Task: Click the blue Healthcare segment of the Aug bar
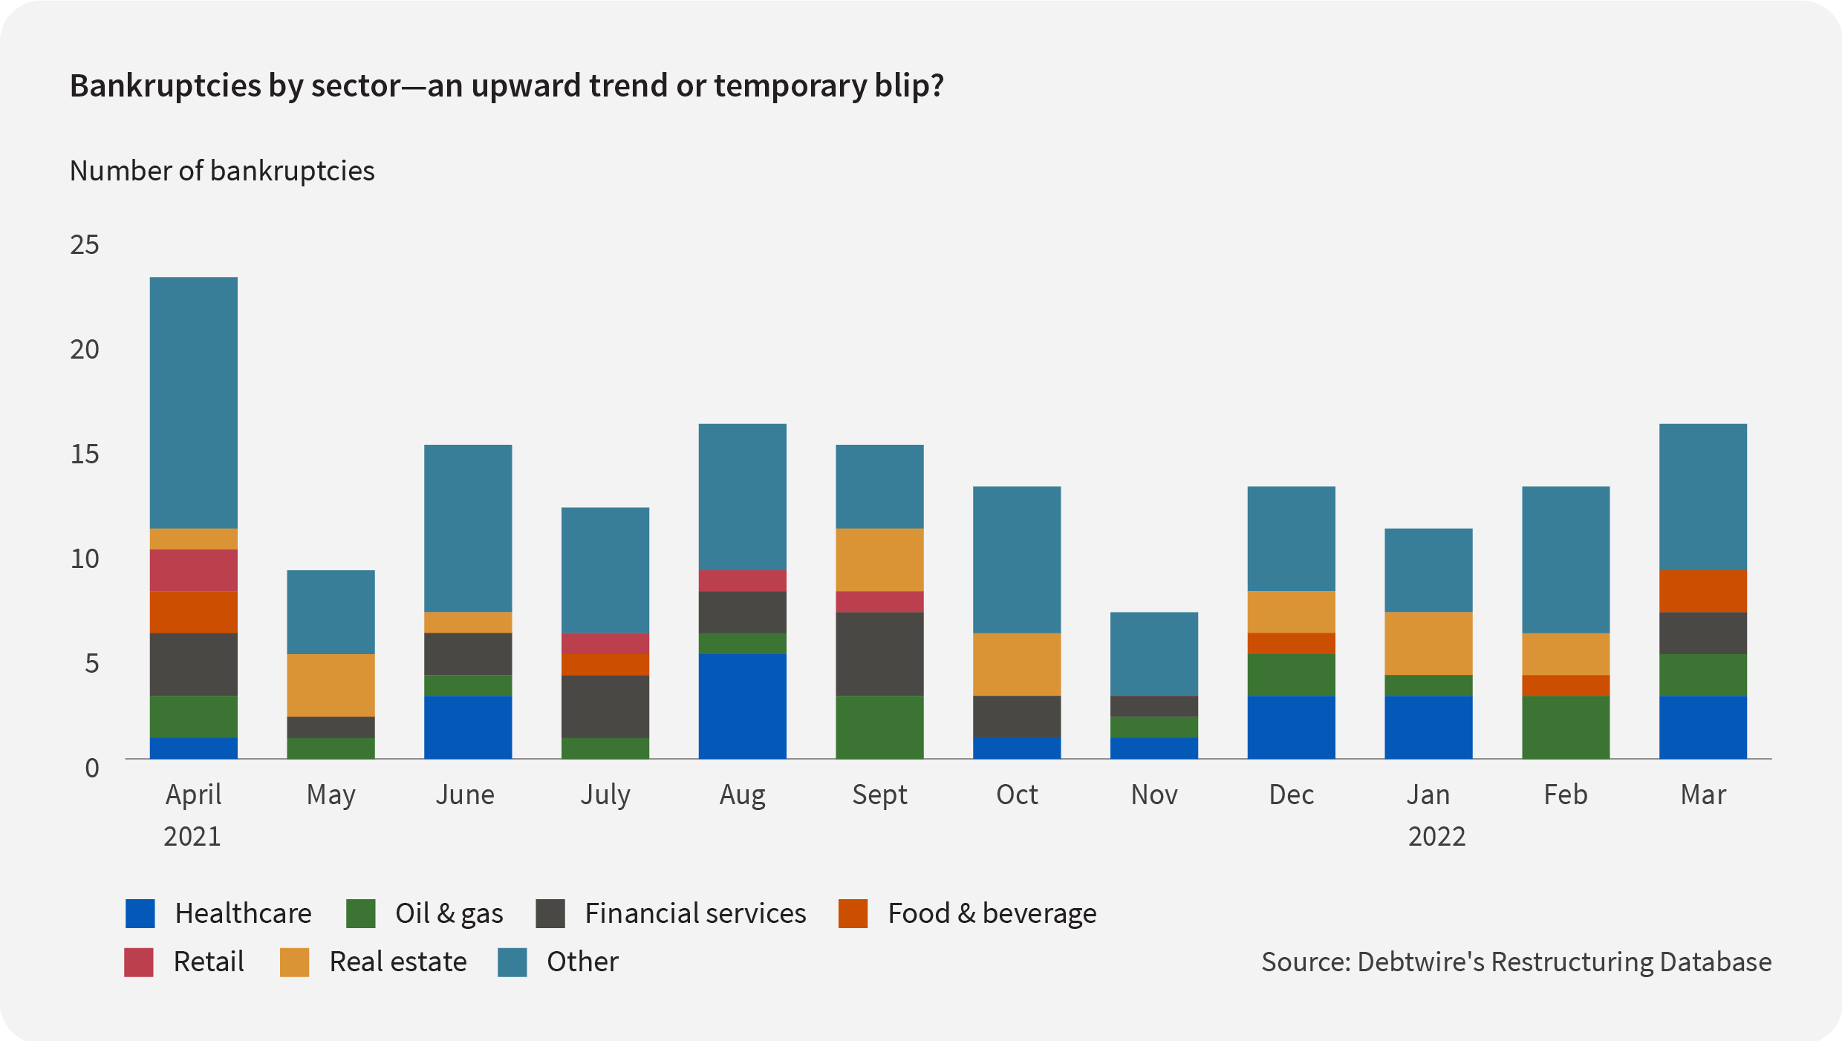pyautogui.click(x=742, y=706)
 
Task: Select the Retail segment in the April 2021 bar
pyautogui.click(x=193, y=570)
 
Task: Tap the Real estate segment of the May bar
pyautogui.click(x=331, y=685)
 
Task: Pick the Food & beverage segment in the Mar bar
pyautogui.click(x=1702, y=591)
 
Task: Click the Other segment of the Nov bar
pyautogui.click(x=1153, y=653)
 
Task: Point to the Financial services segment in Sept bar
pyautogui.click(x=879, y=653)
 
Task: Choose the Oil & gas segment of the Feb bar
pyautogui.click(x=1565, y=727)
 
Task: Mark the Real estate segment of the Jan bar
pyautogui.click(x=1428, y=643)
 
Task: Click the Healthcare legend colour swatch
pyautogui.click(x=140, y=913)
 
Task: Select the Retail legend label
pyautogui.click(x=209, y=962)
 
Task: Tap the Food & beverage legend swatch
pyautogui.click(x=853, y=913)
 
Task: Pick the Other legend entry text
pyautogui.click(x=582, y=962)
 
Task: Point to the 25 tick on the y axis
pyautogui.click(x=85, y=244)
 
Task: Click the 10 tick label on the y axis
pyautogui.click(x=85, y=558)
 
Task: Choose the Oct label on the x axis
pyautogui.click(x=1016, y=794)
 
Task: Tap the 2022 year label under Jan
pyautogui.click(x=1436, y=836)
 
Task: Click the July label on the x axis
pyautogui.click(x=605, y=794)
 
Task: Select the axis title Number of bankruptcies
pyautogui.click(x=222, y=171)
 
